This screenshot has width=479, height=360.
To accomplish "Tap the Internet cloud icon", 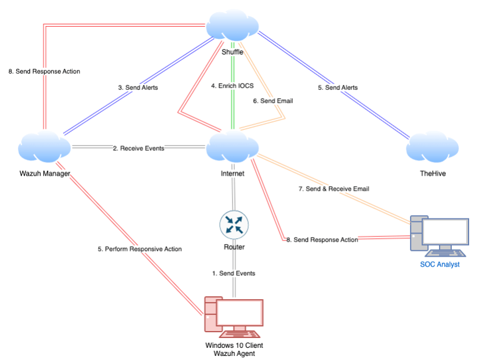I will click(232, 148).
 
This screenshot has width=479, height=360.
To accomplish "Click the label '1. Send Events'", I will click(234, 273).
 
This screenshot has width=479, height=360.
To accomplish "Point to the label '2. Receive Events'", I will click(139, 148).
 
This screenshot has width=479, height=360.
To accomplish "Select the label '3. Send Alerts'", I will click(137, 88).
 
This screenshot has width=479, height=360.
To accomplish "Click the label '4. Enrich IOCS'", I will click(232, 86).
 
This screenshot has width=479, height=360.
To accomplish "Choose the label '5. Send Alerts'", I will click(338, 88).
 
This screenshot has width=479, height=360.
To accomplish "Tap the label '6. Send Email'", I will click(273, 101).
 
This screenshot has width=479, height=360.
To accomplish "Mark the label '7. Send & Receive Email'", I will click(333, 189).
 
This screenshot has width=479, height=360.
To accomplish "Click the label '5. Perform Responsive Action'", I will click(139, 249).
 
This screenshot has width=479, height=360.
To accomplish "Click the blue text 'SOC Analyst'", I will click(440, 264).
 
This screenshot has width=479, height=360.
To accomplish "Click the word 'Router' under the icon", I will click(234, 247).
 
